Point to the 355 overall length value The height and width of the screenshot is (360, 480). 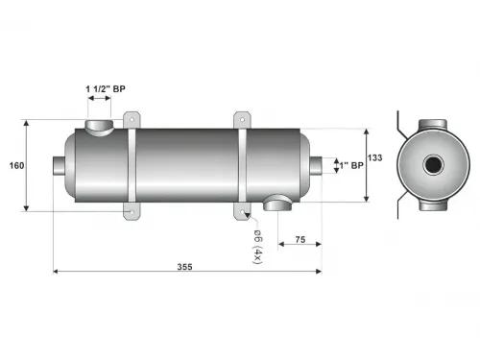tap(184, 268)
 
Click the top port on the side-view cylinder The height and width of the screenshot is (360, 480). tap(100, 127)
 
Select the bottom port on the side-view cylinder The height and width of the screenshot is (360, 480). tap(278, 202)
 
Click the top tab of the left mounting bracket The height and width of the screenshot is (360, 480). tap(131, 117)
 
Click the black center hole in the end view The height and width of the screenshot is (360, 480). tap(433, 165)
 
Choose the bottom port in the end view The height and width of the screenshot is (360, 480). tap(433, 204)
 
